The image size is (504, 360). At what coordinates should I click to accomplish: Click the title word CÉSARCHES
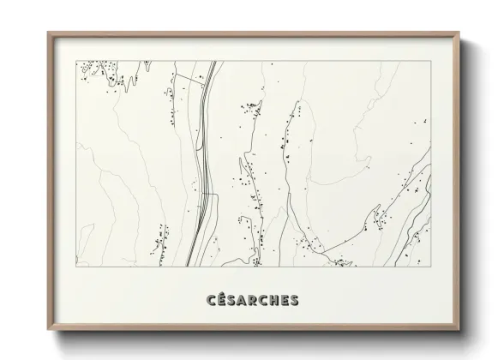point(252,300)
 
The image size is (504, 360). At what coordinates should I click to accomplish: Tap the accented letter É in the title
point(222,300)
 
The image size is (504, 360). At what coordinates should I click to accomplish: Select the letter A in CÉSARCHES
point(243,300)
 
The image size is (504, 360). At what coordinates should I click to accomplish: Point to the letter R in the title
point(254,300)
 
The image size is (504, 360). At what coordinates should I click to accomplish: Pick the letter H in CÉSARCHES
point(274,300)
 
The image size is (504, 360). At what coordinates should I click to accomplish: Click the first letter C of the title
point(211,300)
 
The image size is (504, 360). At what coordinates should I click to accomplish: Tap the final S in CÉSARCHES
point(294,300)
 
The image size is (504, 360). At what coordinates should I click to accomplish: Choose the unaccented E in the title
point(285,300)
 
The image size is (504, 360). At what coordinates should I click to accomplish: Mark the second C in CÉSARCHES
point(264,300)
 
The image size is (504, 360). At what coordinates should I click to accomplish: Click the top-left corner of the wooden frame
point(48,33)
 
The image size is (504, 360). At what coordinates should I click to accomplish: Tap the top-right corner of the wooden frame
point(459,33)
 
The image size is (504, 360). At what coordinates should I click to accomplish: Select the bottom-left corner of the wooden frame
point(48,330)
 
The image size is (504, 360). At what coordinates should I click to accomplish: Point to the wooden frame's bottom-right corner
point(459,330)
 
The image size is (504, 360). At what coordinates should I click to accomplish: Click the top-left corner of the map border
point(76,61)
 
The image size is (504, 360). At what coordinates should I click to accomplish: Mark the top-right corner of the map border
point(430,61)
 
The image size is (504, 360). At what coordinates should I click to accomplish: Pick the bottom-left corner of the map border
point(76,266)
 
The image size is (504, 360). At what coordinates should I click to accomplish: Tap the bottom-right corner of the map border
point(430,266)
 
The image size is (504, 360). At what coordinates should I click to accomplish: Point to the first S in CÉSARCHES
point(232,300)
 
